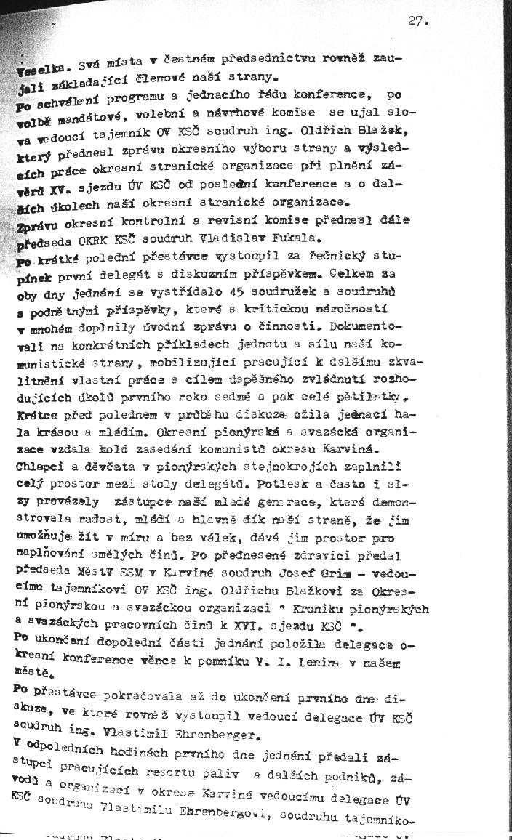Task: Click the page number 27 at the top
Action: (x=418, y=21)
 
